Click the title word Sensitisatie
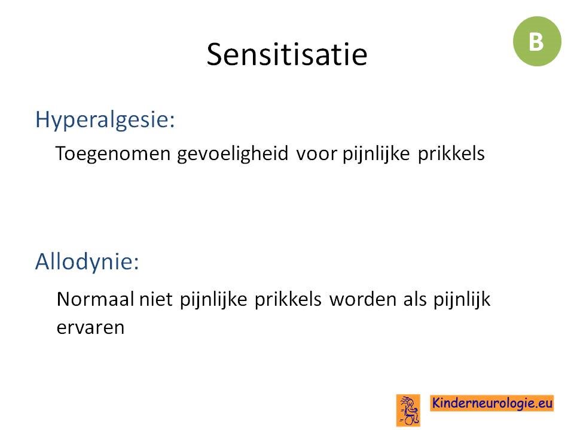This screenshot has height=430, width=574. [x=286, y=54]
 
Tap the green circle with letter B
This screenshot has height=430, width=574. [x=537, y=41]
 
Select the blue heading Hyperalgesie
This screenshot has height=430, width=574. [x=105, y=120]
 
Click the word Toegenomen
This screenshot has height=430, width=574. [x=113, y=153]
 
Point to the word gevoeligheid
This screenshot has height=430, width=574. [x=233, y=153]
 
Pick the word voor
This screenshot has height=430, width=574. [x=316, y=154]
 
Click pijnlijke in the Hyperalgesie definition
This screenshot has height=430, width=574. [x=376, y=153]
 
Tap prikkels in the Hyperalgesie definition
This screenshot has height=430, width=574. [x=451, y=153]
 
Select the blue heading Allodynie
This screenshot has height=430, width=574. [x=87, y=261]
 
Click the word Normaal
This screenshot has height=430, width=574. [x=95, y=299]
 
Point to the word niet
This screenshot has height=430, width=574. [x=155, y=299]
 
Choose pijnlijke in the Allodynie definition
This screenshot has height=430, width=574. [x=213, y=300]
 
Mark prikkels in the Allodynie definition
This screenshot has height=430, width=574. [x=288, y=299]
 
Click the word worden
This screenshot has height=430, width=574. [x=363, y=299]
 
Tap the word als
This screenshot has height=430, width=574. [x=415, y=299]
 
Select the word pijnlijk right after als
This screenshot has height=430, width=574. [x=462, y=300]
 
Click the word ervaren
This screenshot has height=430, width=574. [x=90, y=328]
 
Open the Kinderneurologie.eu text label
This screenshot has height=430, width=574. [x=491, y=403]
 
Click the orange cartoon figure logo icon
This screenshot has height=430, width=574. [x=408, y=410]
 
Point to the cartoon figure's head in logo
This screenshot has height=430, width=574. [x=410, y=403]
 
